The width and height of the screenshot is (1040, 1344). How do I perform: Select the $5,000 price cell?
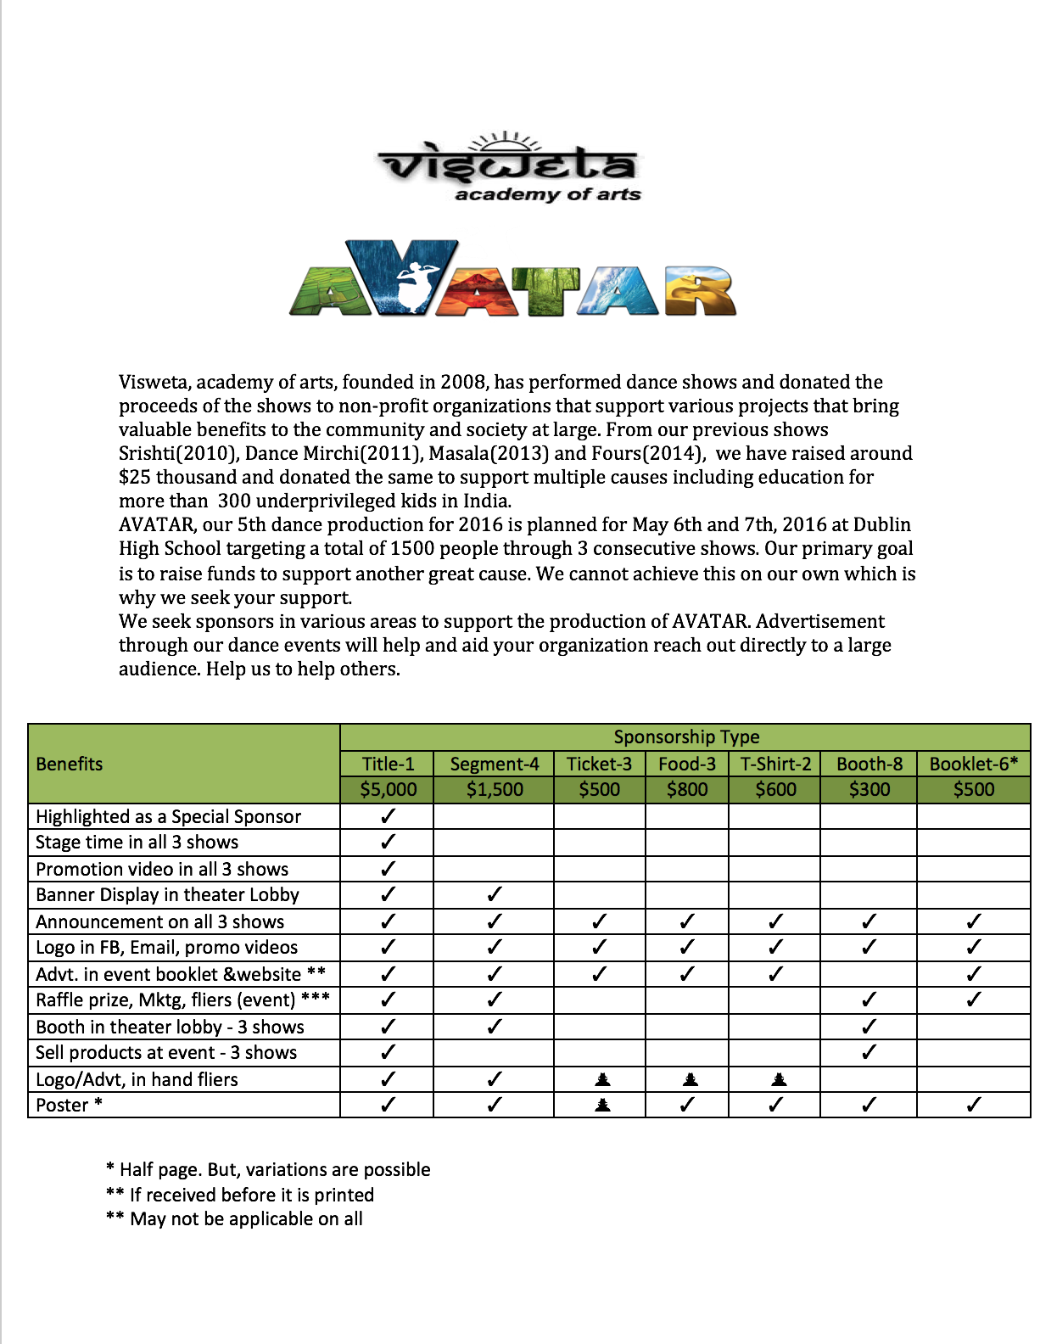coord(388,790)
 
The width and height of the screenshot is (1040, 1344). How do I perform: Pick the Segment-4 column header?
coord(494,764)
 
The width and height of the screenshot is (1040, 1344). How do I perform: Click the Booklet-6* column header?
coord(973,764)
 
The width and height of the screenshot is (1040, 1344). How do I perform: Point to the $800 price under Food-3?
coord(686,790)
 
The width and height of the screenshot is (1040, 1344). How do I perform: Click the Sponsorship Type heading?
coord(685,736)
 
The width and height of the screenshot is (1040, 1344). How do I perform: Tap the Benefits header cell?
coord(70,764)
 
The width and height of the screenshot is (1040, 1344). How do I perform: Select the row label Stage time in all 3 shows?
coord(137,843)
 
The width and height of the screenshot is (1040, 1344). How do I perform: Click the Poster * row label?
coord(69,1106)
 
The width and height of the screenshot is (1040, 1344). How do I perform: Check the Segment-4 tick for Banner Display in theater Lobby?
coord(494,894)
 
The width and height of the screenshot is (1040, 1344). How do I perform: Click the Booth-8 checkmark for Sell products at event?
coord(869,1052)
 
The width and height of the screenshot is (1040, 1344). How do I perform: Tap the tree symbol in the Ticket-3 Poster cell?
coord(602,1105)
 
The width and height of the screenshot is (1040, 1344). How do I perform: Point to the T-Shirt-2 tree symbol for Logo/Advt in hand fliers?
coord(779,1079)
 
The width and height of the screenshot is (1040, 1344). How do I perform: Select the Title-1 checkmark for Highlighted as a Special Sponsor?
coord(388,816)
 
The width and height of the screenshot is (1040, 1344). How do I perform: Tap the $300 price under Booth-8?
coord(869,790)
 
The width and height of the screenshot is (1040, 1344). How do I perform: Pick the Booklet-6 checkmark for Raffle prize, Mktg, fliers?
coord(973,1000)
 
